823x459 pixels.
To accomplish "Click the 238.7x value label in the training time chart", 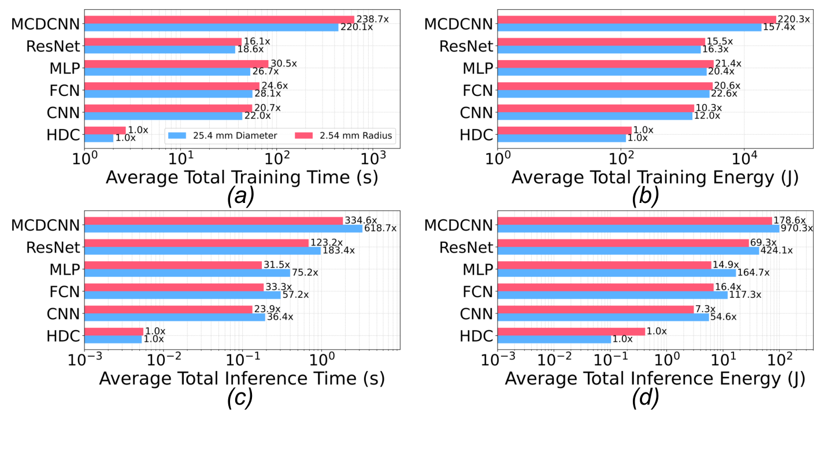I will click(372, 19).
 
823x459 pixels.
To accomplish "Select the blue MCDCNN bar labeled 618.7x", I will click(223, 228).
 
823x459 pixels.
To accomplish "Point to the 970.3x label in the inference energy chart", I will click(797, 228).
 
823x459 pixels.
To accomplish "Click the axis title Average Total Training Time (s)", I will click(242, 177).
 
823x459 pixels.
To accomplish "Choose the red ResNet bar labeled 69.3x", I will click(622, 243).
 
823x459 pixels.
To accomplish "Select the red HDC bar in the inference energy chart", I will click(571, 331).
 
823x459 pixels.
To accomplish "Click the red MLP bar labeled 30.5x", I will click(176, 64).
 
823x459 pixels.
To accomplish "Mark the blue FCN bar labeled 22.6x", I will click(603, 94).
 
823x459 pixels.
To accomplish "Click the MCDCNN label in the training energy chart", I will click(458, 24).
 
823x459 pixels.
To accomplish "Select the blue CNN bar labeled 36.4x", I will click(175, 317).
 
